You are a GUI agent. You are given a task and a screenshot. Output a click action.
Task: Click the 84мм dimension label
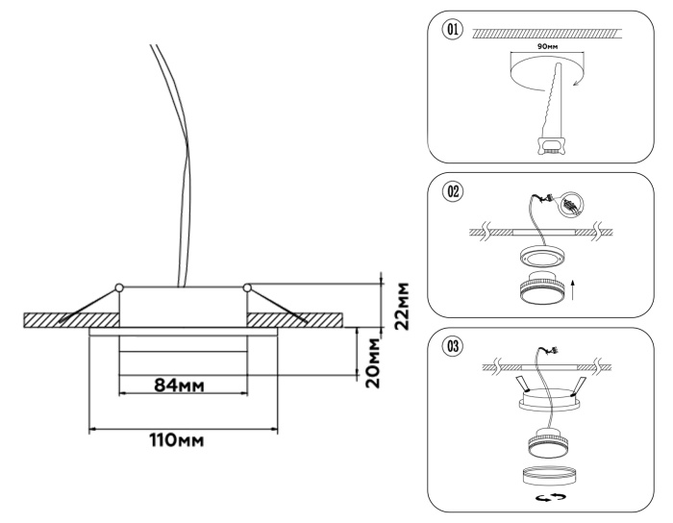pos(183,385)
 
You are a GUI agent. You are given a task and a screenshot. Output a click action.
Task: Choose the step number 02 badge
pos(450,190)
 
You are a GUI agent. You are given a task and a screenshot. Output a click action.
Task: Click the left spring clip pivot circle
pos(118,286)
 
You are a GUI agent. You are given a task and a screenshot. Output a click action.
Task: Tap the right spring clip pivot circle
pos(247,286)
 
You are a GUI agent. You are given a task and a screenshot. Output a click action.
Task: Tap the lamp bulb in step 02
pos(544,288)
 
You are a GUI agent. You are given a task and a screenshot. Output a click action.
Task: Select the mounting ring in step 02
pos(544,258)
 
